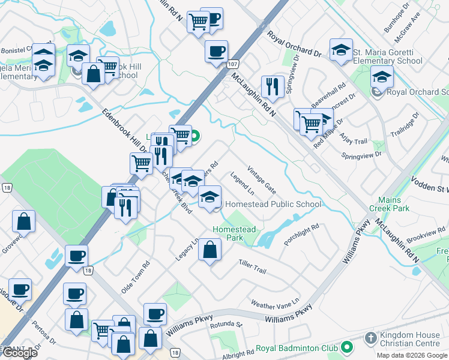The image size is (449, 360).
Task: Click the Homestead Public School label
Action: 273,204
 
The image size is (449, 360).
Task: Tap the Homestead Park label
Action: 235,233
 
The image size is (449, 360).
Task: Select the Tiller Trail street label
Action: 252,267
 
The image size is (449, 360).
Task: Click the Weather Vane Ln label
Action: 274,303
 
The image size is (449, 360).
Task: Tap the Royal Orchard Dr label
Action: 294,44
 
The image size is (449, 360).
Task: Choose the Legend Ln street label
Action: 243,184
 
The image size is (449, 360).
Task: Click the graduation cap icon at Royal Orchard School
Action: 382,77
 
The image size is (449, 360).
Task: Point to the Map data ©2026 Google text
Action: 412,355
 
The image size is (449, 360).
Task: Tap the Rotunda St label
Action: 226,326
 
